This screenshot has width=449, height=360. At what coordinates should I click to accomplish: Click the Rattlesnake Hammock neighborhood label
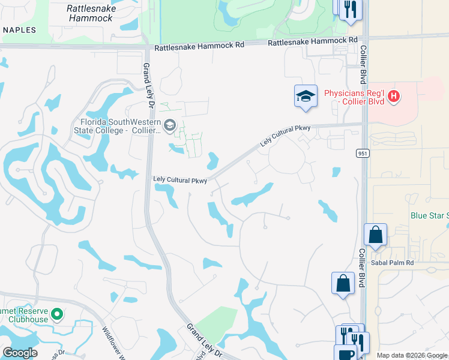point(90,13)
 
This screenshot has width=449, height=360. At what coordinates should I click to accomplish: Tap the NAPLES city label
point(18,30)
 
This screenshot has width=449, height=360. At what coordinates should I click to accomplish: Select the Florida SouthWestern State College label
point(117,126)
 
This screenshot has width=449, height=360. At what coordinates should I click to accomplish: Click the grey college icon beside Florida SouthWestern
point(169,125)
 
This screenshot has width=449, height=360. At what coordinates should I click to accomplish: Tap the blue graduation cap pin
point(306,96)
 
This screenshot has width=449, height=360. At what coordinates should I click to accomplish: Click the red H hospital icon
point(394,96)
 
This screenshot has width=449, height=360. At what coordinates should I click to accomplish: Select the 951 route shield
point(366,154)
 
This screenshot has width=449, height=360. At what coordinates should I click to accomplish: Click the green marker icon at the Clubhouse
point(57,314)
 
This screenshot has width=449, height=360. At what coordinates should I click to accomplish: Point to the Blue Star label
point(429,215)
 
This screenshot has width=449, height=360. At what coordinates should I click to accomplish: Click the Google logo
point(20,353)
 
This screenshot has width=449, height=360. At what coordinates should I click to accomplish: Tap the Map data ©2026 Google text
point(412,355)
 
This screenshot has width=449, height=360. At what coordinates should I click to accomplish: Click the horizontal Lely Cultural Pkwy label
point(180,179)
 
